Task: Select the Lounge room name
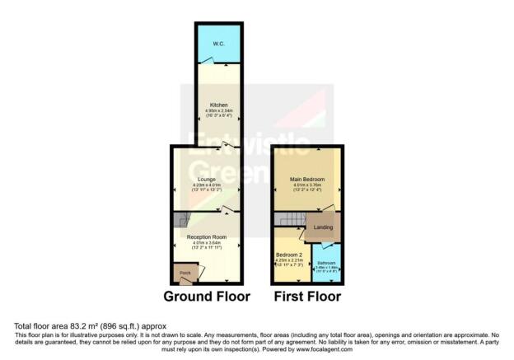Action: tap(206, 178)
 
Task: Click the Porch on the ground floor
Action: tap(185, 273)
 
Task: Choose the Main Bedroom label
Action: tap(306, 179)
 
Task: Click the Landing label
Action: tap(322, 227)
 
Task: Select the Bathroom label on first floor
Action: tap(327, 263)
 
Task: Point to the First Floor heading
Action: tap(306, 297)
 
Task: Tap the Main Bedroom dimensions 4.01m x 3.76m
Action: tap(306, 185)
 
